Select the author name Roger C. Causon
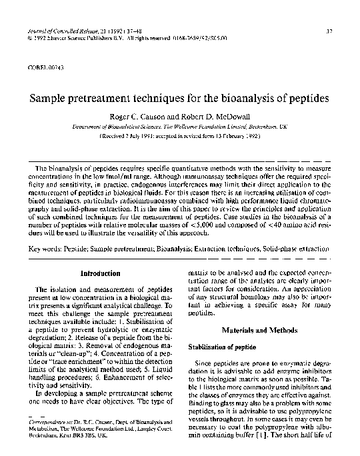pyautogui.click(x=141, y=115)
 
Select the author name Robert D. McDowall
pyautogui.click(x=221, y=115)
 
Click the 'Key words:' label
pyautogui.click(x=49, y=249)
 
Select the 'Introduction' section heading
pyautogui.click(x=100, y=273)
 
